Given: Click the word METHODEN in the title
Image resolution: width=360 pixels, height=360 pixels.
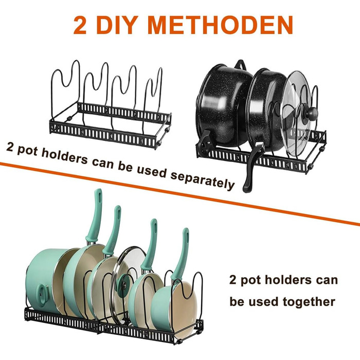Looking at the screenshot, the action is point(221,25).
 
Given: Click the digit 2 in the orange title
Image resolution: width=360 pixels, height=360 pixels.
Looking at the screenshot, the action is point(80,25).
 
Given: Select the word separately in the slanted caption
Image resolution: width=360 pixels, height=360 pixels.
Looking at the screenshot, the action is point(203,180).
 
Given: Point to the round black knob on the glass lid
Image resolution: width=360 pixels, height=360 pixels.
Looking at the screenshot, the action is point(312,113).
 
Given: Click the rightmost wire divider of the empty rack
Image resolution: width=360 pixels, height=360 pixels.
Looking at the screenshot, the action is point(153,99).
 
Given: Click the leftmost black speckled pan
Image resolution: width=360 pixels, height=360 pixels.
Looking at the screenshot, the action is point(224,105).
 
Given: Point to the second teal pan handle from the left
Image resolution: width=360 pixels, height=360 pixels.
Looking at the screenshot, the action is point(113,229).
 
